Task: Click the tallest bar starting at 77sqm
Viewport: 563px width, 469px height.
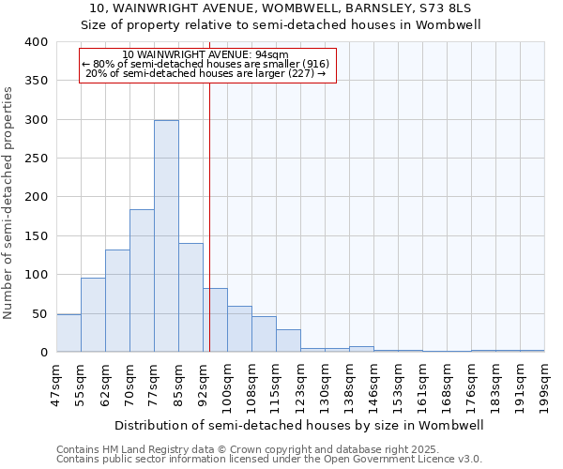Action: (166, 236)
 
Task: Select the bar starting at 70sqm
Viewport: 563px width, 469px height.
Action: (142, 280)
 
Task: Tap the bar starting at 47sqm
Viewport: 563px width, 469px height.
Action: (68, 333)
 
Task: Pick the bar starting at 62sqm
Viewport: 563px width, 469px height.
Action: (117, 301)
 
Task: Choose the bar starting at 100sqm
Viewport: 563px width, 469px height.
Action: (239, 329)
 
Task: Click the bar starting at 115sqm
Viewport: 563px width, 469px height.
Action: (288, 340)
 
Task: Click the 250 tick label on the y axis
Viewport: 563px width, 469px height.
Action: (35, 159)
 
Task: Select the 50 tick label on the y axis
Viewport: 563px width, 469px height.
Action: (38, 313)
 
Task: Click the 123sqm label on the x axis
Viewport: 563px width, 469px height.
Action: (300, 384)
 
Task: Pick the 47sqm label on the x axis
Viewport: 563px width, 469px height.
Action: (56, 384)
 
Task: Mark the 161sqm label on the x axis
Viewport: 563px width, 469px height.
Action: (422, 384)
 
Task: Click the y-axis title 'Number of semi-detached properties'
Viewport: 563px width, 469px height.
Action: (8, 202)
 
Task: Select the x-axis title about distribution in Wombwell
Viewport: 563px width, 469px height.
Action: (300, 425)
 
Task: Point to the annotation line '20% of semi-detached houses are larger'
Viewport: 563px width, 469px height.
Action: (206, 73)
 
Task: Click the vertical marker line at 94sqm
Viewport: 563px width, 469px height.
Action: (209, 216)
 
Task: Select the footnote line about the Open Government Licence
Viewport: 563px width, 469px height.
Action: (269, 459)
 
